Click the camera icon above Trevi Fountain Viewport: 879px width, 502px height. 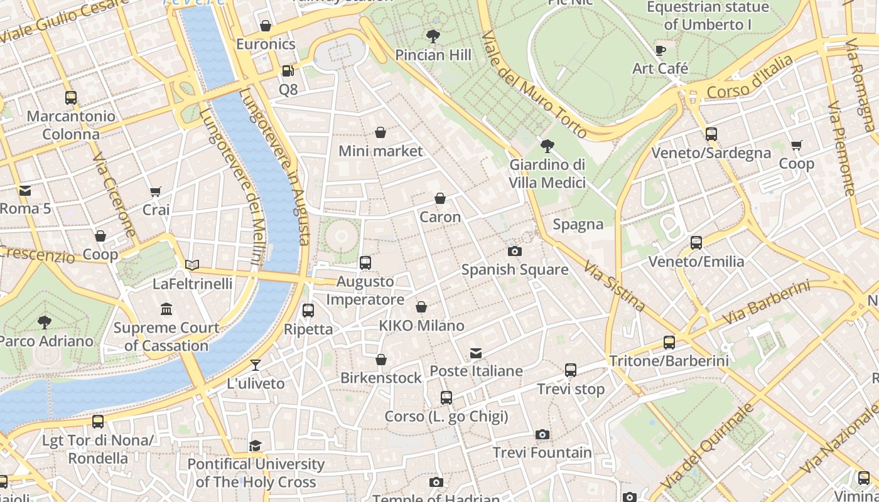coord(542,434)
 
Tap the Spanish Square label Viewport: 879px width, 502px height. coord(515,270)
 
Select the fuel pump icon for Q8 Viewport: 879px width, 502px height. coord(288,72)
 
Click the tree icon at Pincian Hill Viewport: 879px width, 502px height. coord(433,36)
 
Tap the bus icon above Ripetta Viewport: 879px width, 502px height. coord(308,310)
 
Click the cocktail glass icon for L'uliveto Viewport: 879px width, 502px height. coord(256,365)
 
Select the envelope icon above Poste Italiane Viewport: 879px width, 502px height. coord(476,353)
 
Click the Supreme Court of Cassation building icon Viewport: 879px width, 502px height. coord(166,309)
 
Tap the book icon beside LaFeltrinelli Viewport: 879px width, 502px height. coord(192,265)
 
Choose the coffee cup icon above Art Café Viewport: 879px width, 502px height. coord(660,50)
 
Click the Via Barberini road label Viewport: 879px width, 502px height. coord(766,303)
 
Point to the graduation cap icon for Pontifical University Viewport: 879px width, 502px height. coord(255,446)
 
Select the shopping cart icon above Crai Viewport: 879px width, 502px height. coord(156,191)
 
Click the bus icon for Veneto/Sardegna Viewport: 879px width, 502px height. coord(711,134)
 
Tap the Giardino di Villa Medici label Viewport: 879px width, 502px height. coord(547,173)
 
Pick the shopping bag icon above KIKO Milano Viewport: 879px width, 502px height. coord(421,307)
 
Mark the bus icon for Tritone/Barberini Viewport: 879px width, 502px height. coord(669,343)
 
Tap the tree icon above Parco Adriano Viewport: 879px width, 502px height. coord(44,323)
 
